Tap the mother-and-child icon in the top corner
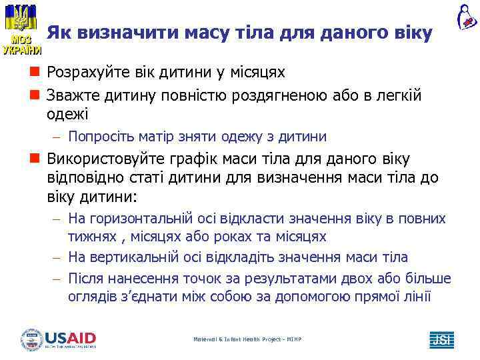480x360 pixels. pyautogui.click(x=466, y=17)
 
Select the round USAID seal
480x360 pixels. pyautogui.click(x=31, y=339)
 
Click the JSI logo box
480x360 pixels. pyautogui.click(x=441, y=339)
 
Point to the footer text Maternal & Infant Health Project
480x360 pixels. pyautogui.click(x=247, y=340)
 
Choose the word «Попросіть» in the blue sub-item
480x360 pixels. pyautogui.click(x=103, y=137)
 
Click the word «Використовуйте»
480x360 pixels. pyautogui.click(x=107, y=159)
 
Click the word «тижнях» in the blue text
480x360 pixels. pyautogui.click(x=89, y=237)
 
